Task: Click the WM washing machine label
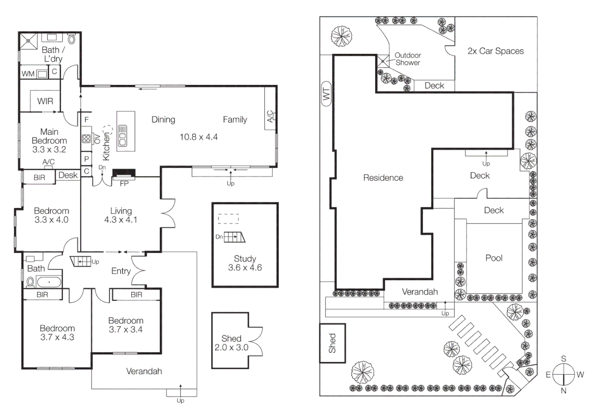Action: pos(28,73)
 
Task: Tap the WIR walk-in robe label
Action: pos(45,101)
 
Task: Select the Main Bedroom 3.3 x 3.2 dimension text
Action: pos(49,150)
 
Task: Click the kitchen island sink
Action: pos(123,135)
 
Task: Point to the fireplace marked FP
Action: pos(123,174)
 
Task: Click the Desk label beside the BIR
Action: pos(68,175)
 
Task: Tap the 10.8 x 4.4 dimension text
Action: pos(198,137)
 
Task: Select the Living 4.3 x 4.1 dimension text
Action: pos(120,220)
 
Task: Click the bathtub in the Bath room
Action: pos(49,282)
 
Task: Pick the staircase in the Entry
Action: pos(81,261)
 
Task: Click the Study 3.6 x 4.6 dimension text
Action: pos(245,268)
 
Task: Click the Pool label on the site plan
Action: pos(494,258)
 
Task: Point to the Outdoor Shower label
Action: pos(408,59)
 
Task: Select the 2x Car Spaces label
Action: pos(496,51)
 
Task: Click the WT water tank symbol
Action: pos(326,94)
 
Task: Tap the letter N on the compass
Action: pos(563,390)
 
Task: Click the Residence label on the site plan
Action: pos(383,178)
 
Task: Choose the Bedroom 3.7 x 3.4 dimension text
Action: pos(126,330)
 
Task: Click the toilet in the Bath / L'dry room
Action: pos(71,39)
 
